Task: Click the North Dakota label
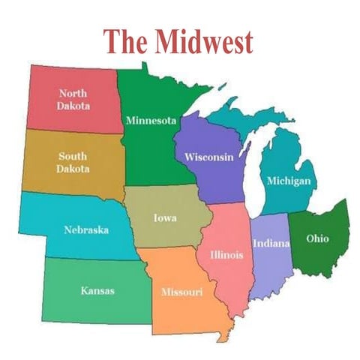coord(73,100)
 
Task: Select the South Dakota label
coord(73,162)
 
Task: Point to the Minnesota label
coord(151,120)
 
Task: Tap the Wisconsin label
coord(209,157)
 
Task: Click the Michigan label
coord(289,181)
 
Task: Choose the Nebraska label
coord(85,229)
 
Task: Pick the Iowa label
coord(165,218)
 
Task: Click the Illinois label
coord(226,254)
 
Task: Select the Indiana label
coord(268,243)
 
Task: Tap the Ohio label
coord(317,238)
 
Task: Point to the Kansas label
coord(97,290)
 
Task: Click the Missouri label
coord(181,290)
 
